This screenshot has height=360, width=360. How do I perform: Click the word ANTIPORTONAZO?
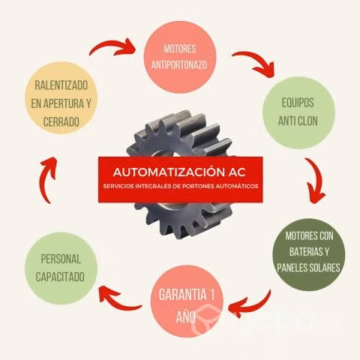click(179, 65)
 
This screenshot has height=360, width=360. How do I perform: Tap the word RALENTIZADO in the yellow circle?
click(61, 85)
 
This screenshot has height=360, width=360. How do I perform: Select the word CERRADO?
click(61, 121)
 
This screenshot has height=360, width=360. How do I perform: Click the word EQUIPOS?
click(298, 103)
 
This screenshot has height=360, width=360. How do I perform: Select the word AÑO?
click(185, 316)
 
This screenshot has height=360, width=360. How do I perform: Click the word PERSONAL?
click(61, 259)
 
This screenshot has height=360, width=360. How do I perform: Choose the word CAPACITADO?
click(60, 277)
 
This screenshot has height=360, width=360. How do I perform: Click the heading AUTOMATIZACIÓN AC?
click(179, 172)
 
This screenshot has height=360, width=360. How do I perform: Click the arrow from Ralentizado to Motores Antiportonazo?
click(112, 45)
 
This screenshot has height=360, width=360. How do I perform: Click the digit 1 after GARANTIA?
click(212, 295)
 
